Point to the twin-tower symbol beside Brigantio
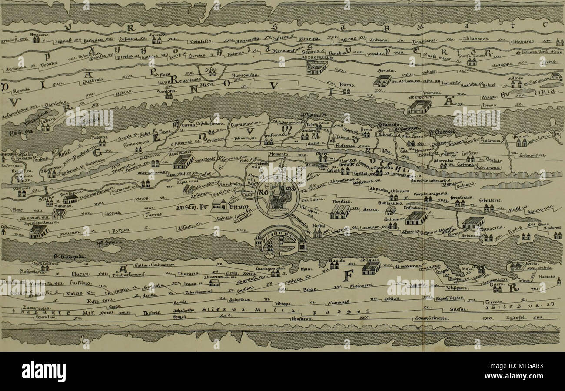(x=36, y=40)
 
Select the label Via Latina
(x=319, y=200)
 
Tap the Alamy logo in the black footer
(x=43, y=371)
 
